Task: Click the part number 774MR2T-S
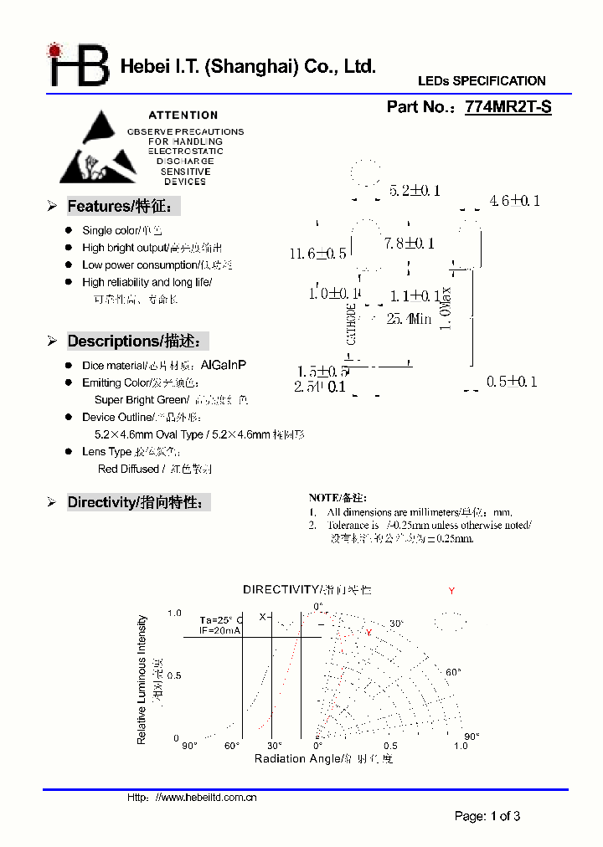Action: tap(508, 107)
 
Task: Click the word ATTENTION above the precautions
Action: tap(183, 116)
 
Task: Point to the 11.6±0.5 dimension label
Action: tap(317, 254)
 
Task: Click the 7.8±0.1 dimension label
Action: tap(410, 244)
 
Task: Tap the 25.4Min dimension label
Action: tap(409, 319)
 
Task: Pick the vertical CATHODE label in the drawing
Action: tap(352, 324)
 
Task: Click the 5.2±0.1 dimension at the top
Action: tap(415, 191)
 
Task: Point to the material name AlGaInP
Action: tap(224, 366)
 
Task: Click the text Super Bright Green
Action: tap(140, 400)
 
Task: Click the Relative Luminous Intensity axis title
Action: tap(142, 680)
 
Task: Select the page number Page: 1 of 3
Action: tap(487, 816)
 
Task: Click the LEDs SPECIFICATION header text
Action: tap(482, 81)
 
